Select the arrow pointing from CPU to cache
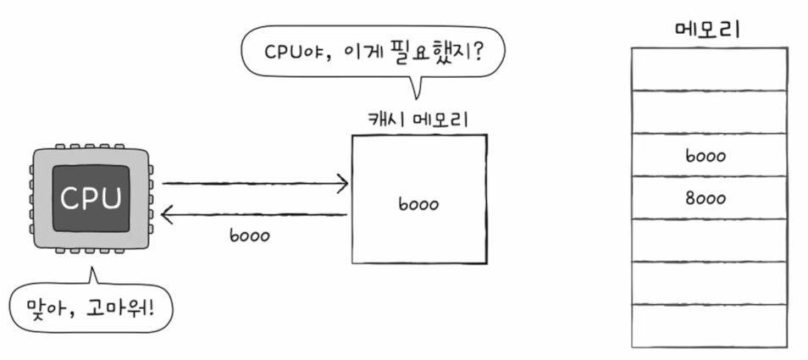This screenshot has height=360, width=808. point(254,183)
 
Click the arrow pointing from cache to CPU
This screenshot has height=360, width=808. point(254,215)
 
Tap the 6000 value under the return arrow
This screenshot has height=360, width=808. point(250,236)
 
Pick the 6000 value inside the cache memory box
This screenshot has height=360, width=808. point(418,205)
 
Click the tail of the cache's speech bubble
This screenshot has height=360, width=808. point(415,86)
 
